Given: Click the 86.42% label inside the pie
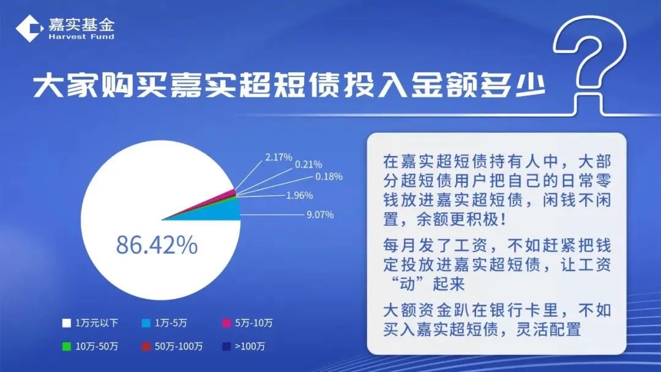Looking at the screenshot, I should click(157, 245).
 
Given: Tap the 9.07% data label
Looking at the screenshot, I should click(320, 215).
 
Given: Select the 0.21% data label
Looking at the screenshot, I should click(309, 165).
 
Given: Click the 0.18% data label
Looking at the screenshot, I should click(329, 177).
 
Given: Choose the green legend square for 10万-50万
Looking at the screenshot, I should click(66, 346).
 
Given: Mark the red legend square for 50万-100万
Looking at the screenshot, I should click(146, 346).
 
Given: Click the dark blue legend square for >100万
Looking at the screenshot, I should click(226, 346).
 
